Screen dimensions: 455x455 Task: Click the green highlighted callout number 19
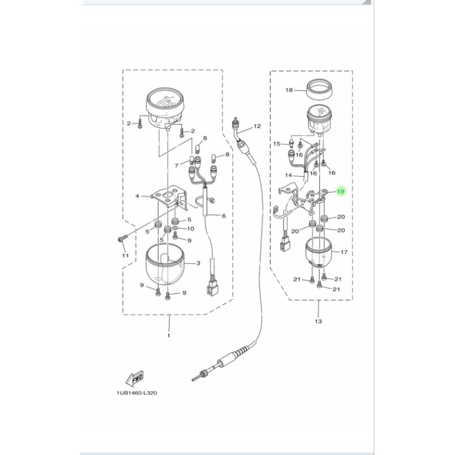tap(341, 192)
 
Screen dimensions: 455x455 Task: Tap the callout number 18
tap(288, 90)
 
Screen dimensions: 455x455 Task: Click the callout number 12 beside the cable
tap(257, 126)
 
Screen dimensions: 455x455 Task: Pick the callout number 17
tap(344, 251)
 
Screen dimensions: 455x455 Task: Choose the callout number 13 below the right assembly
tap(317, 321)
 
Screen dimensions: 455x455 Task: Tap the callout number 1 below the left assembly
tap(169, 336)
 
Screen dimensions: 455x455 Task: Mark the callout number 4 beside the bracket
tap(136, 196)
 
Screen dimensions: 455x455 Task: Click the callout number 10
tap(191, 229)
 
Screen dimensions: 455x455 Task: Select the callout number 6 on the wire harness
tap(224, 216)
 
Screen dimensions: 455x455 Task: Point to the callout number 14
tap(288, 175)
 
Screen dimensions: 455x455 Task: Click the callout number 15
tap(277, 144)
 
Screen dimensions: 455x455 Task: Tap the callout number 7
tap(176, 166)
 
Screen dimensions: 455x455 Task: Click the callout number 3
tap(197, 264)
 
